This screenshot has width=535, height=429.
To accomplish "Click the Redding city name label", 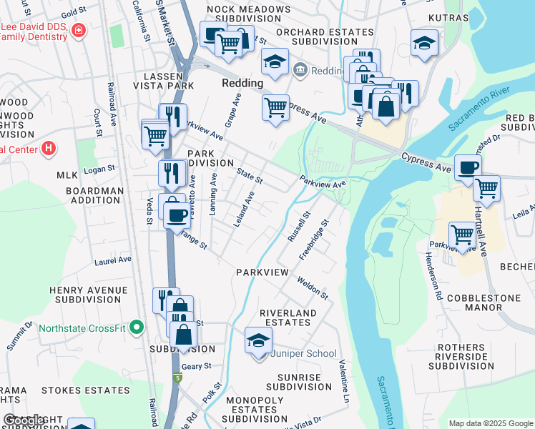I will (242, 83).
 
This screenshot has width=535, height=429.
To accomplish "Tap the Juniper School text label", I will (307, 353).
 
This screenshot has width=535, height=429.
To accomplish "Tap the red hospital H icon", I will (48, 149).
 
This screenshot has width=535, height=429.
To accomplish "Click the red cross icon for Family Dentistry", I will (77, 31).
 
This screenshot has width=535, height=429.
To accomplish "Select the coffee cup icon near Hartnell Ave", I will (468, 168).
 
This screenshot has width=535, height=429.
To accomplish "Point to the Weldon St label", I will (313, 289).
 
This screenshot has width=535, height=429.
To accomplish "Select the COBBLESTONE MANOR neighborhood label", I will (473, 301).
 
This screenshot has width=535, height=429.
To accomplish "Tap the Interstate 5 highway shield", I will (177, 377).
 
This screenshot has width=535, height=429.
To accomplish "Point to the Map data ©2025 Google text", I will (490, 423).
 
